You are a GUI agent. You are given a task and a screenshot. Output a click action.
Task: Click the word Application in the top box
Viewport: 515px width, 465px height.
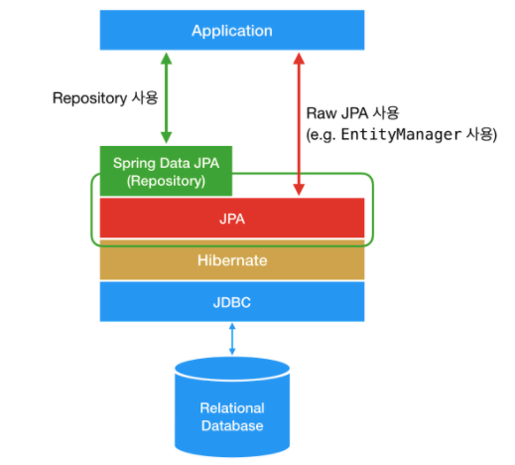tap(232, 31)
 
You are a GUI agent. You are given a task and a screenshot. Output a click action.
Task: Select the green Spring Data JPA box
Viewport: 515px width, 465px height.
tap(166, 171)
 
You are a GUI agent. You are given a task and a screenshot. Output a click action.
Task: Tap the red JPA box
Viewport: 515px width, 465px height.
tap(232, 218)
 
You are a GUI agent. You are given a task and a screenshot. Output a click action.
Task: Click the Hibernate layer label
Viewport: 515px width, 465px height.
tap(232, 260)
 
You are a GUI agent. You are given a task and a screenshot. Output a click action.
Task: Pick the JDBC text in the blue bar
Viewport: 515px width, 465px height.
tap(232, 302)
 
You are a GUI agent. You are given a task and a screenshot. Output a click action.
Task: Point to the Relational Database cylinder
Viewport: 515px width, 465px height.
tap(232, 406)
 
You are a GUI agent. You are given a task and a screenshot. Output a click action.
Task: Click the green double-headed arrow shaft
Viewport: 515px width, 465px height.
tap(166, 97)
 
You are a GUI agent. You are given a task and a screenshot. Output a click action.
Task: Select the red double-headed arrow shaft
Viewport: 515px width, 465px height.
tap(299, 124)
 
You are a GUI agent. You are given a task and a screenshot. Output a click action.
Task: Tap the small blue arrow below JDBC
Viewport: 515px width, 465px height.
tap(232, 339)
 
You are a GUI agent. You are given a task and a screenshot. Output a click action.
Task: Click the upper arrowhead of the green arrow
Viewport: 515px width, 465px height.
tap(166, 58)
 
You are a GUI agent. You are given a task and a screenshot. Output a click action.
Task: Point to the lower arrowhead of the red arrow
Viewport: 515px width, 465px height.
tap(299, 190)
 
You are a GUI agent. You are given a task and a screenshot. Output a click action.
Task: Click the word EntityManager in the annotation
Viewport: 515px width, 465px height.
tap(401, 134)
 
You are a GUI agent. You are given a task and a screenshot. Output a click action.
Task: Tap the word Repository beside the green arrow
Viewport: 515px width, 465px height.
tap(89, 98)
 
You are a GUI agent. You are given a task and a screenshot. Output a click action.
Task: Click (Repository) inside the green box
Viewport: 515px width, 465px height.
tap(166, 181)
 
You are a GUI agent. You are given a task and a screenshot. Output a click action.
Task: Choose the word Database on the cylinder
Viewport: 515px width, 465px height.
tap(232, 425)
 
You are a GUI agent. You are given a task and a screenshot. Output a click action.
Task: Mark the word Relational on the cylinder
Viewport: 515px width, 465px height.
tap(232, 408)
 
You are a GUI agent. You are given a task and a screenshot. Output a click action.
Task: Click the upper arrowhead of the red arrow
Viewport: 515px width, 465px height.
tap(299, 59)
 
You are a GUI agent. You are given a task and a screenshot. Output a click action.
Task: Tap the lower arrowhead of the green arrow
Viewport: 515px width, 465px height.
tap(166, 137)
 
